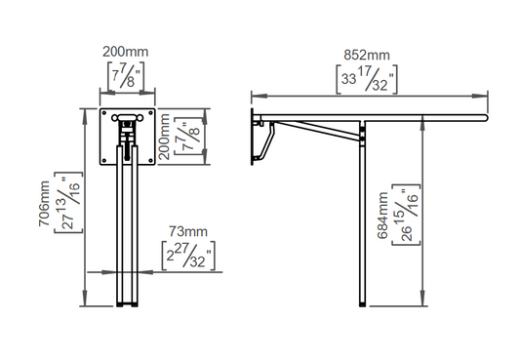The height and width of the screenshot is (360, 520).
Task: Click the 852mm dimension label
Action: (x=367, y=55)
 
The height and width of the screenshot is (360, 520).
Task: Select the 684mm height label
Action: (x=383, y=216)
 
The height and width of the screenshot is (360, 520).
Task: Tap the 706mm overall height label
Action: (x=44, y=204)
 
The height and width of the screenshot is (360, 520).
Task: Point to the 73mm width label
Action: (x=188, y=231)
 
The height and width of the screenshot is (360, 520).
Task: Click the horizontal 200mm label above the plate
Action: (x=125, y=52)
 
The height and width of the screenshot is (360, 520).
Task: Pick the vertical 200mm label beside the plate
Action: (x=164, y=137)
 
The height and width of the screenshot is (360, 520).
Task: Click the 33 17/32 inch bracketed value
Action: (x=367, y=80)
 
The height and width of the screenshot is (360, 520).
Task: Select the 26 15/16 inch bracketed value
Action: (x=406, y=216)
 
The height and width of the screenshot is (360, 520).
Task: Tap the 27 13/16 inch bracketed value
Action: (x=68, y=203)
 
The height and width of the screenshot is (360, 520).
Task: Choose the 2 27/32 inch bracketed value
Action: (x=188, y=256)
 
